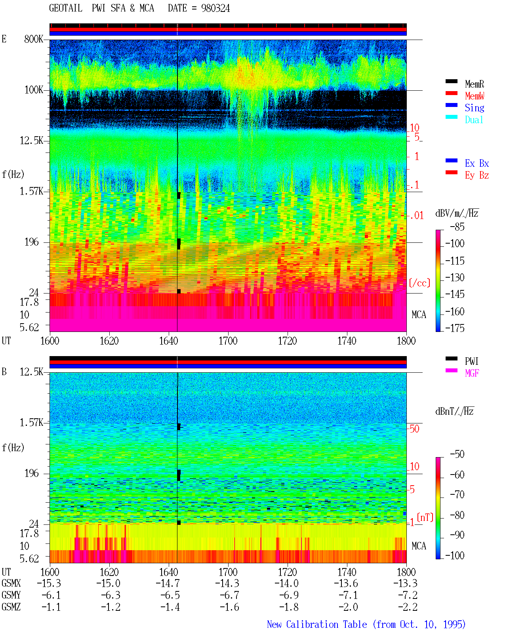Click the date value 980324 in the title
point(215,8)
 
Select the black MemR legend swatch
point(451,81)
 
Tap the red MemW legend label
point(475,96)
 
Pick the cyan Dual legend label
point(474,120)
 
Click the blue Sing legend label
point(475,108)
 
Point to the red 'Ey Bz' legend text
point(477,175)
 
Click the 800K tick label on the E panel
point(34,39)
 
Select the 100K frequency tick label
point(34,90)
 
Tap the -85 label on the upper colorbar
point(457,227)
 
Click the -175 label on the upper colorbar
point(455,328)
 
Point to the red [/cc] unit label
point(419,283)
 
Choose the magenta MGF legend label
point(472,373)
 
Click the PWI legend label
point(471,361)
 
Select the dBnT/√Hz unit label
point(454,411)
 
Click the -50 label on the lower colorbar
point(457,454)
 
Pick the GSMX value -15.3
point(49,583)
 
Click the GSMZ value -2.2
point(408,607)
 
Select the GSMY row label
point(11,595)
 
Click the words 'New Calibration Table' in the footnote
point(317,624)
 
